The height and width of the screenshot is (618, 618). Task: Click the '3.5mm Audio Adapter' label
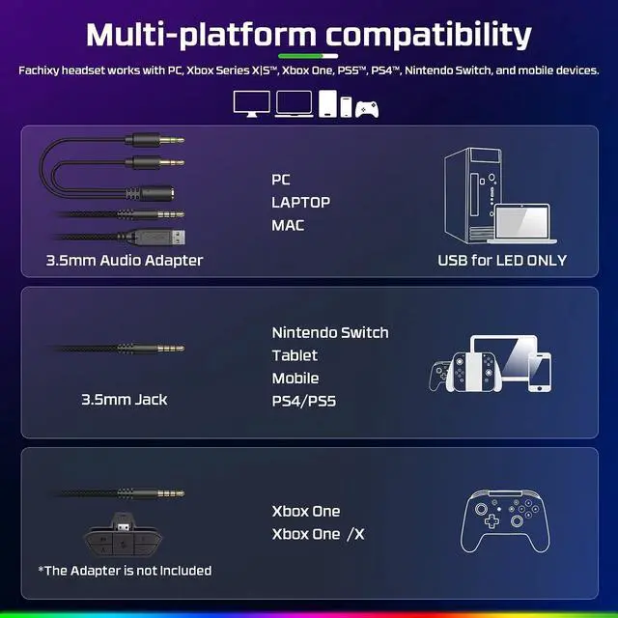pyautogui.click(x=125, y=260)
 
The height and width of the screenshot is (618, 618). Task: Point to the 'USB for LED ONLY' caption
pyautogui.click(x=502, y=260)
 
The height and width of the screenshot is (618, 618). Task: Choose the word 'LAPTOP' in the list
pyautogui.click(x=301, y=202)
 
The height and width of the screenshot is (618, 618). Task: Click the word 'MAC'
pyautogui.click(x=288, y=225)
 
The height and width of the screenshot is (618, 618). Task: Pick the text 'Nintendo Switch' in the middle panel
pyautogui.click(x=330, y=332)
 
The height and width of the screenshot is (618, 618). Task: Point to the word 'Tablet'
pyautogui.click(x=295, y=355)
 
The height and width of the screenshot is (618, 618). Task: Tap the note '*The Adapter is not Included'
pyautogui.click(x=125, y=571)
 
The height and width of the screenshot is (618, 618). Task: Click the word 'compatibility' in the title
pyautogui.click(x=429, y=35)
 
